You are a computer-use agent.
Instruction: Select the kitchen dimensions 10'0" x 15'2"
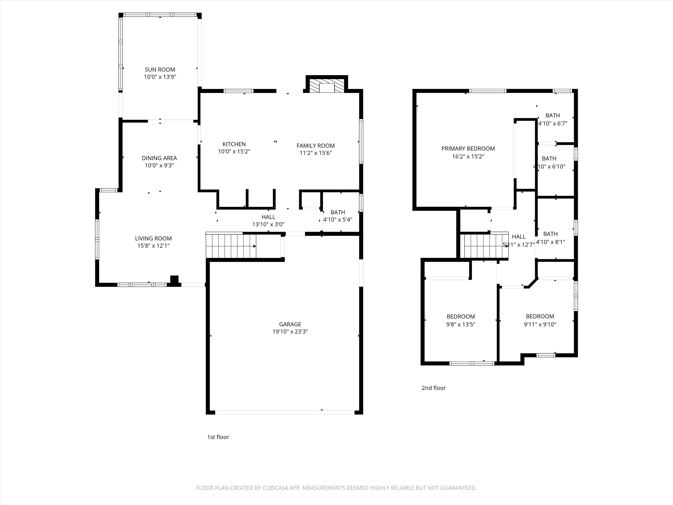(x=234, y=151)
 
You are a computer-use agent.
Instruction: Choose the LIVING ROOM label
(x=153, y=238)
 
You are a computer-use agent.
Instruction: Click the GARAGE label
(x=290, y=324)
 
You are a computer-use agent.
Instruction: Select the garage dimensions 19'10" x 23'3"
(x=290, y=332)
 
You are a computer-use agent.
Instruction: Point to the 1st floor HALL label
(x=268, y=217)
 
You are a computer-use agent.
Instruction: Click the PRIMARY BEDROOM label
(x=468, y=149)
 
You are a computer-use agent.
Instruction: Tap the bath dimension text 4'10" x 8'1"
(x=550, y=242)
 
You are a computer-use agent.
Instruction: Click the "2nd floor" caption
(x=434, y=388)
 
